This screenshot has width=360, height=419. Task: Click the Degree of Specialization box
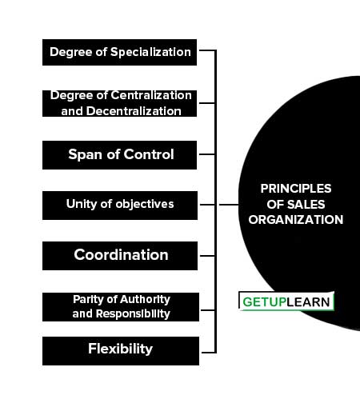point(119,53)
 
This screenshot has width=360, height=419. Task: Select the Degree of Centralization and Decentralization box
point(119,103)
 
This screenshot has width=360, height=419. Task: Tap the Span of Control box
point(119,155)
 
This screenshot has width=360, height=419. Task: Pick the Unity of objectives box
point(120,206)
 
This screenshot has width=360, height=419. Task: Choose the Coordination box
point(120,256)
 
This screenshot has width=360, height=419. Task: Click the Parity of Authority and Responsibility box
point(121,307)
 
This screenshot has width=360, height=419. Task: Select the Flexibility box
point(121,351)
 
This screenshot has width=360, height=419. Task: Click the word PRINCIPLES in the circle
point(296,189)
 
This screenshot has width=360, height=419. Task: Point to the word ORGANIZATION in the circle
point(296,220)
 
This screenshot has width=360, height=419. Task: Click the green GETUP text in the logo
point(264,302)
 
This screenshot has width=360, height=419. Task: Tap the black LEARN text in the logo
point(308,302)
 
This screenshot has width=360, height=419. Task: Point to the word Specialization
point(150,52)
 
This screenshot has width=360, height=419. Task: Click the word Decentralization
point(134,111)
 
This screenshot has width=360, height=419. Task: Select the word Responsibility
point(133,314)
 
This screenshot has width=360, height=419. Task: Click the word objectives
point(145,204)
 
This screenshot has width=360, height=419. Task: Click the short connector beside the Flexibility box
point(209,353)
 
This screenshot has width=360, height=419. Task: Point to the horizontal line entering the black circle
point(229,205)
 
